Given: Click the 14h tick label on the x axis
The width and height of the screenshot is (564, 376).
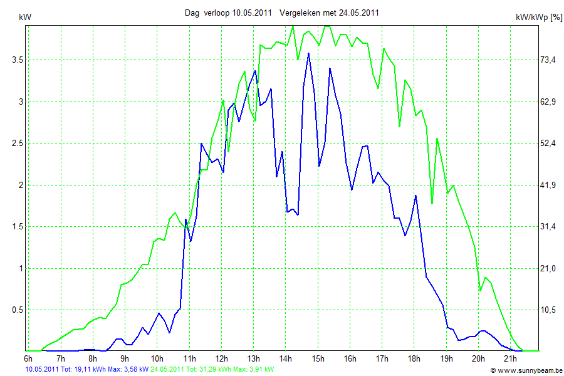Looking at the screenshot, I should point(286,359).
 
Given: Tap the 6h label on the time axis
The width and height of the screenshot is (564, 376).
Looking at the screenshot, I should point(28,359).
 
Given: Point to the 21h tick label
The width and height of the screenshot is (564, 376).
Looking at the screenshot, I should point(511,359).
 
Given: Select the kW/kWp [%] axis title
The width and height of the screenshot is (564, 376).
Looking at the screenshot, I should point(538,18).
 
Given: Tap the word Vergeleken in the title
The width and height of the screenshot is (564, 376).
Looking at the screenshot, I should point(300,13).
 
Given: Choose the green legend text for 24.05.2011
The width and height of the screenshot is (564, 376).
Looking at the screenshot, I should point(212,370).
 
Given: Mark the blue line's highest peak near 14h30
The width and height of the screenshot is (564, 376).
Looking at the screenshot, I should point(308,53).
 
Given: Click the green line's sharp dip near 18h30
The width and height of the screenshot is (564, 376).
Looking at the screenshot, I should point(432,203).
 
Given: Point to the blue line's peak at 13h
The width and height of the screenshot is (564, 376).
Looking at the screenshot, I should point(255,71).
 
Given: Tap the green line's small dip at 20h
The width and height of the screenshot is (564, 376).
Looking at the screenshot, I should point(481,290).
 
